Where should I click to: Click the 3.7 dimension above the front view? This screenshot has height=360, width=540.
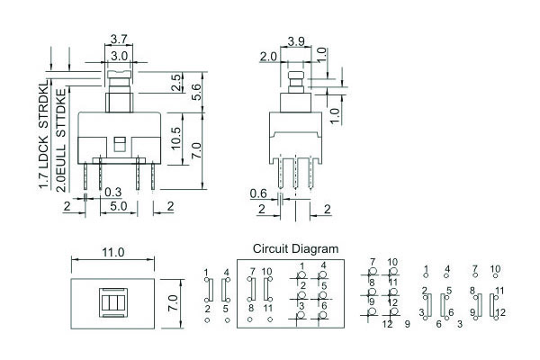pyautogui.click(x=118, y=39)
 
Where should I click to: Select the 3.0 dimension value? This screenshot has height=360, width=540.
pyautogui.click(x=118, y=55)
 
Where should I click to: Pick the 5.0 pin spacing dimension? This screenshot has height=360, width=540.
pyautogui.click(x=118, y=206)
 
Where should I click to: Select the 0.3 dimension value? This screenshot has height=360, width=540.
pyautogui.click(x=112, y=192)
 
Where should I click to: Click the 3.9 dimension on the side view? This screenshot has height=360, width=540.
pyautogui.click(x=296, y=41)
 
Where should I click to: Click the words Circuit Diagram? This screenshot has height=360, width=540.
pyautogui.click(x=295, y=248)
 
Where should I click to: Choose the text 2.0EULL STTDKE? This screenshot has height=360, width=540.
pyautogui.click(x=61, y=136)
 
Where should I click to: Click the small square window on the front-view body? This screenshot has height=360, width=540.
pyautogui.click(x=119, y=141)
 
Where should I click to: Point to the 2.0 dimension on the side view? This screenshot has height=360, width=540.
pyautogui.click(x=267, y=57)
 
